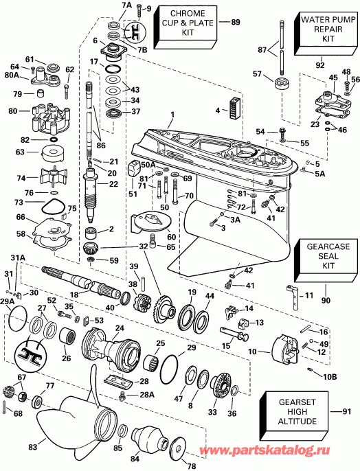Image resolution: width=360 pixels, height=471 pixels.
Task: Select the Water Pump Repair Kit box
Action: tap(324, 30)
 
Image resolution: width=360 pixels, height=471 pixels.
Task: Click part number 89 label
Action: tap(236, 23)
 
